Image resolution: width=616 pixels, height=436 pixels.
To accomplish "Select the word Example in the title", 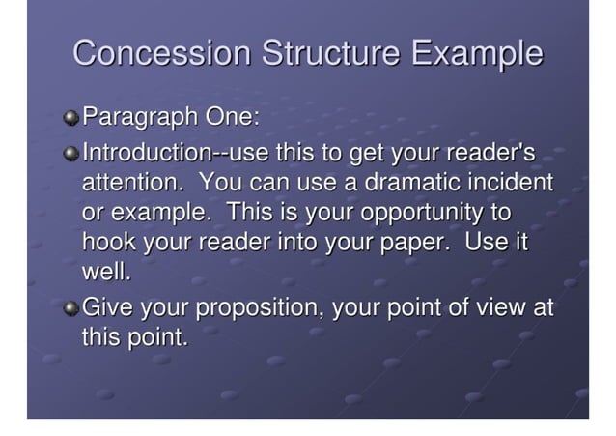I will (477, 53).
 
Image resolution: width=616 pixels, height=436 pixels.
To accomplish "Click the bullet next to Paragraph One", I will (72, 120).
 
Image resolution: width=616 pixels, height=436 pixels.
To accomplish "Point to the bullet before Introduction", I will (72, 153).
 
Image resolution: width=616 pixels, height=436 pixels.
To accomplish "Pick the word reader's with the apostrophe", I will (490, 152).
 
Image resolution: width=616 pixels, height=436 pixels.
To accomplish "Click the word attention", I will (131, 182).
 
